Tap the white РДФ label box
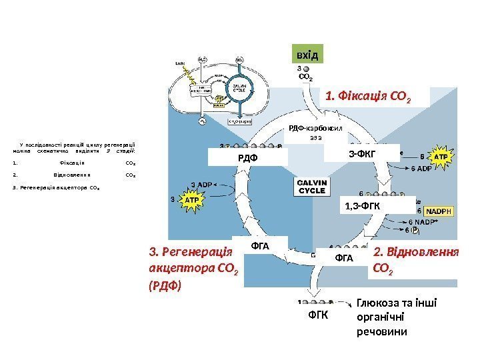pos(247,157)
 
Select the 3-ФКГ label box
pos(362,153)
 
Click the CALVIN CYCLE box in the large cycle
pos(312,186)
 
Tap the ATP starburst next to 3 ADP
pos(191,199)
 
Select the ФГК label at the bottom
pos(319,314)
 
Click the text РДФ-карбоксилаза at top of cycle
pos(315,128)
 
